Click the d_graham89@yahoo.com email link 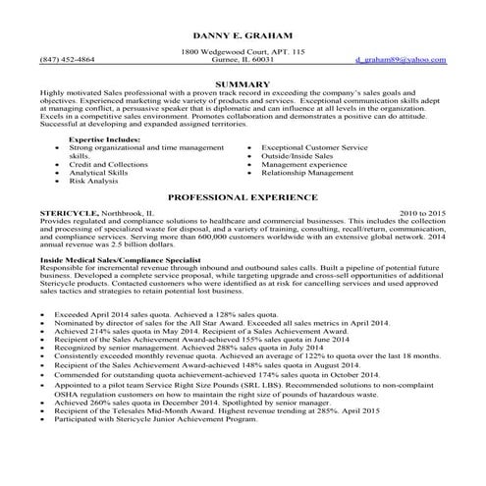[x=401, y=60]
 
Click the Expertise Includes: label [x=101, y=141]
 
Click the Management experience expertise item [x=305, y=165]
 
